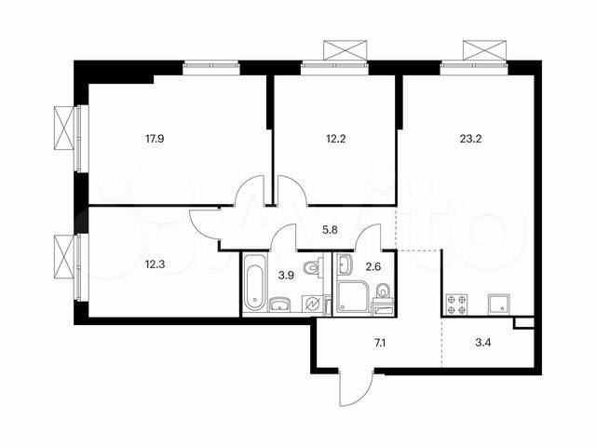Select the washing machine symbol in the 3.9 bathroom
[x=313, y=304]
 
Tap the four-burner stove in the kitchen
[x=457, y=303]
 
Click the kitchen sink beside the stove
[x=498, y=303]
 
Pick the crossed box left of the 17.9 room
[x=63, y=128]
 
